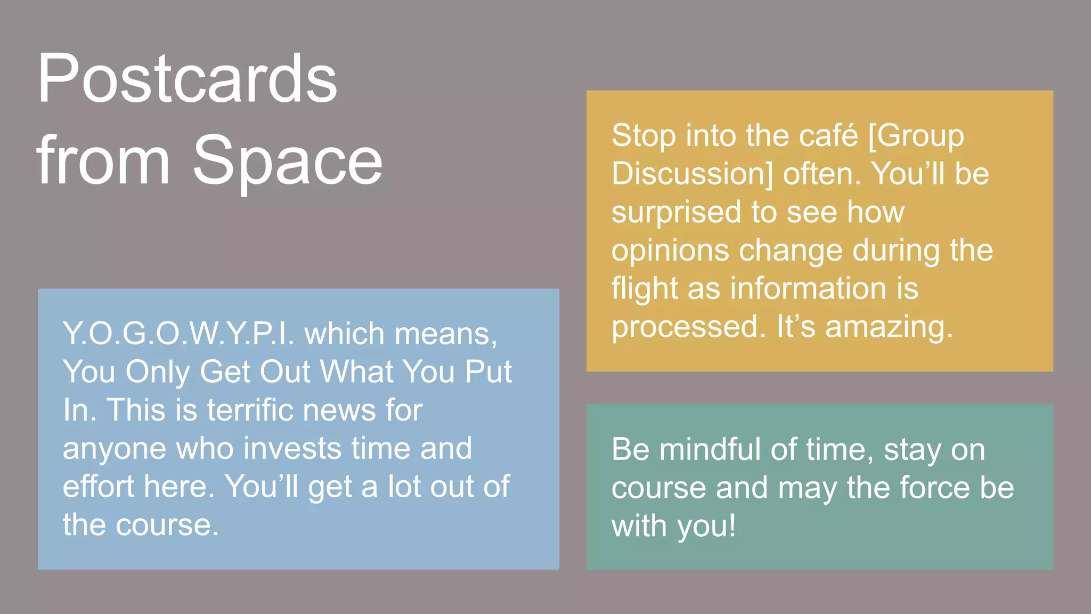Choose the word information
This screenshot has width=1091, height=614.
(x=808, y=289)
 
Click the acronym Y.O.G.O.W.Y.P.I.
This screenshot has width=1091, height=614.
(x=178, y=334)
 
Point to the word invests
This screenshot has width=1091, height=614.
(x=292, y=448)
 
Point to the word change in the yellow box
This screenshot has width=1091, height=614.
(x=791, y=251)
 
